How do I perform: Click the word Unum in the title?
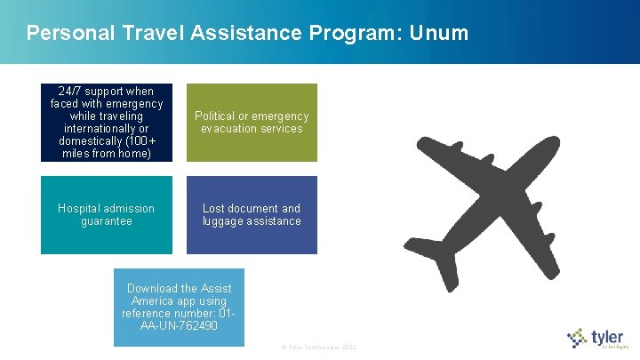click(438, 34)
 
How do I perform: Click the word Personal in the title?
click(66, 34)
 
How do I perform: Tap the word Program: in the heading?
click(356, 34)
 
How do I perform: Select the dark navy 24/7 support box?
click(107, 123)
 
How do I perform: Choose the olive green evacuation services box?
click(252, 123)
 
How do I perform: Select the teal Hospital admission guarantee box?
click(107, 214)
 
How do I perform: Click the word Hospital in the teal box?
click(82, 209)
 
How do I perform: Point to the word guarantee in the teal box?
click(107, 221)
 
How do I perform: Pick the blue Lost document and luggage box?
click(252, 214)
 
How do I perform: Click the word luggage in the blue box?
click(226, 221)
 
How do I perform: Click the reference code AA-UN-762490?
click(179, 326)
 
